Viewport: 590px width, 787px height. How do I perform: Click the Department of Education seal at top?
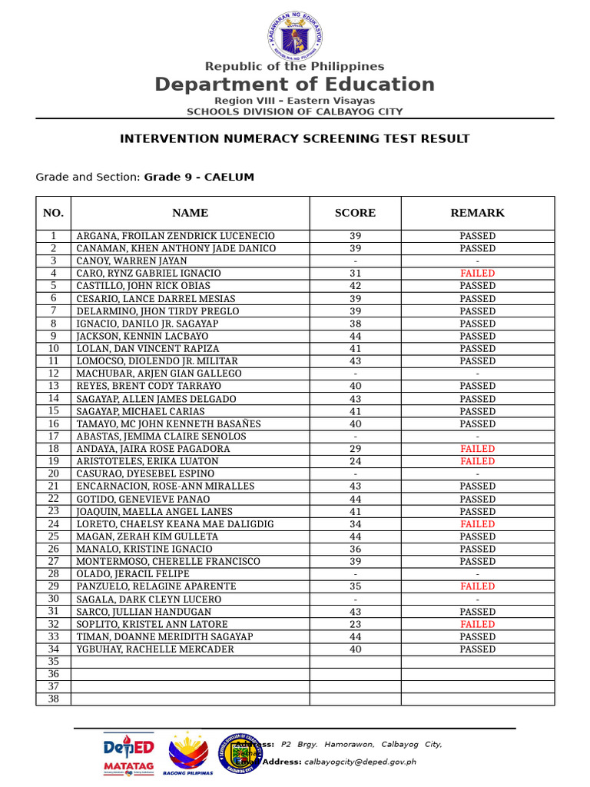[x=295, y=35]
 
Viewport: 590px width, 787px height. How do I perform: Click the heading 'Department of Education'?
[x=295, y=85]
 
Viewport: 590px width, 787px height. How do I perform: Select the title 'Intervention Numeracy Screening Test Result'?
[x=295, y=139]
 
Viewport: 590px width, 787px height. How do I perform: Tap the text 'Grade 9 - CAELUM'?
[x=199, y=178]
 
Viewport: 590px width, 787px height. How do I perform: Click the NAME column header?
[x=190, y=213]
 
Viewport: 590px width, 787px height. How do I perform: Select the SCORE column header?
[x=355, y=213]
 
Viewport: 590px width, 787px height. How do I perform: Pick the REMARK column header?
[x=477, y=213]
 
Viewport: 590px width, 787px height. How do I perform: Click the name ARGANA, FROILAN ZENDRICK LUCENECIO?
[x=175, y=236]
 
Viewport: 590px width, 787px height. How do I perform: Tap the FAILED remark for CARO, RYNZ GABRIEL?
[x=477, y=274]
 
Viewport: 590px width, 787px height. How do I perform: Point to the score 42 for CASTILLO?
[x=355, y=286]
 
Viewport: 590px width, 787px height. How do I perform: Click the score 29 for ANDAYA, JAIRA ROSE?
[x=355, y=449]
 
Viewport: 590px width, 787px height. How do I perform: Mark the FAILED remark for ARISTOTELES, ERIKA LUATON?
[x=477, y=461]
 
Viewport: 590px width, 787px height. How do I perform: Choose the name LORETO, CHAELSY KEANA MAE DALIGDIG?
[x=175, y=524]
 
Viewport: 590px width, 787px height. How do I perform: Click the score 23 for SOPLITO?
[x=355, y=625]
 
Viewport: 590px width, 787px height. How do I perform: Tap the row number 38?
[x=53, y=699]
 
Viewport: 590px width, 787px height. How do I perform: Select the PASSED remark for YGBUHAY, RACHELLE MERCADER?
[x=477, y=649]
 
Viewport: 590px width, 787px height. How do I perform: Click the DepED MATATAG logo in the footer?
[x=129, y=753]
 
